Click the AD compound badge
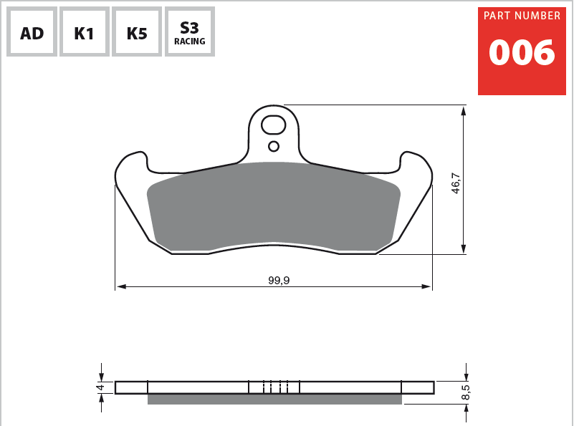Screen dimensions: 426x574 (32, 32)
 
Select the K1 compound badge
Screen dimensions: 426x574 (85, 32)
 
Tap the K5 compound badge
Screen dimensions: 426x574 (137, 32)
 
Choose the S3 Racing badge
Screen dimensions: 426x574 (189, 32)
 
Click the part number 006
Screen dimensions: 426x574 (522, 54)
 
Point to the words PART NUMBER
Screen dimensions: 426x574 (522, 16)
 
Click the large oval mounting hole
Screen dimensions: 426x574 (274, 125)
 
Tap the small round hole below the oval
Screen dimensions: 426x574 (273, 147)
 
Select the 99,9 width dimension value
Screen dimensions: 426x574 (279, 280)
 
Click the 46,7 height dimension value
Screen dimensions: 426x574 (456, 183)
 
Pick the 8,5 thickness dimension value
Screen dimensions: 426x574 (465, 392)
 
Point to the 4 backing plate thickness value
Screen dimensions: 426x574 (101, 387)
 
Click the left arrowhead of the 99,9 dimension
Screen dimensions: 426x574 (120, 286)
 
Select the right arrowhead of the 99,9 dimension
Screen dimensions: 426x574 (427, 286)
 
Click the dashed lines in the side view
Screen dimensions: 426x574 (275, 387)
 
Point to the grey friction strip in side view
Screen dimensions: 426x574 (274, 400)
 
